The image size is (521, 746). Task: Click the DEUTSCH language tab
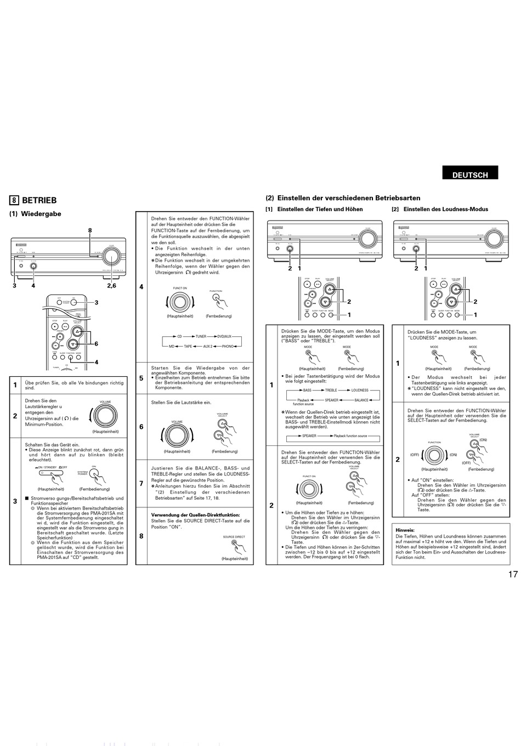(470, 175)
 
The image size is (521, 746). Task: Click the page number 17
(512, 575)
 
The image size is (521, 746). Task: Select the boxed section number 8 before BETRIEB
(14, 201)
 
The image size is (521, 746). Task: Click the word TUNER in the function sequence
(201, 336)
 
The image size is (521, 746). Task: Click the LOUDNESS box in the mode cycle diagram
(360, 390)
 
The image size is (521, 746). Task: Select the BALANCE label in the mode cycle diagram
(361, 400)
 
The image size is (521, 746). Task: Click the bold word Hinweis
(405, 530)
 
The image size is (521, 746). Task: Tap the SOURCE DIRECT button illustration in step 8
(236, 546)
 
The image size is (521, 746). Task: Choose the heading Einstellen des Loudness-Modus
(445, 209)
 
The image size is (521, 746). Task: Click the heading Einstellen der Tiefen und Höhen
(320, 209)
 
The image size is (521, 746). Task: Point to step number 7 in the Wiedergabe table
(141, 483)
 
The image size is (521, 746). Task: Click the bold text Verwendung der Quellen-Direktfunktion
(195, 515)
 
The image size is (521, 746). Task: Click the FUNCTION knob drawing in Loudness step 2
(434, 455)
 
